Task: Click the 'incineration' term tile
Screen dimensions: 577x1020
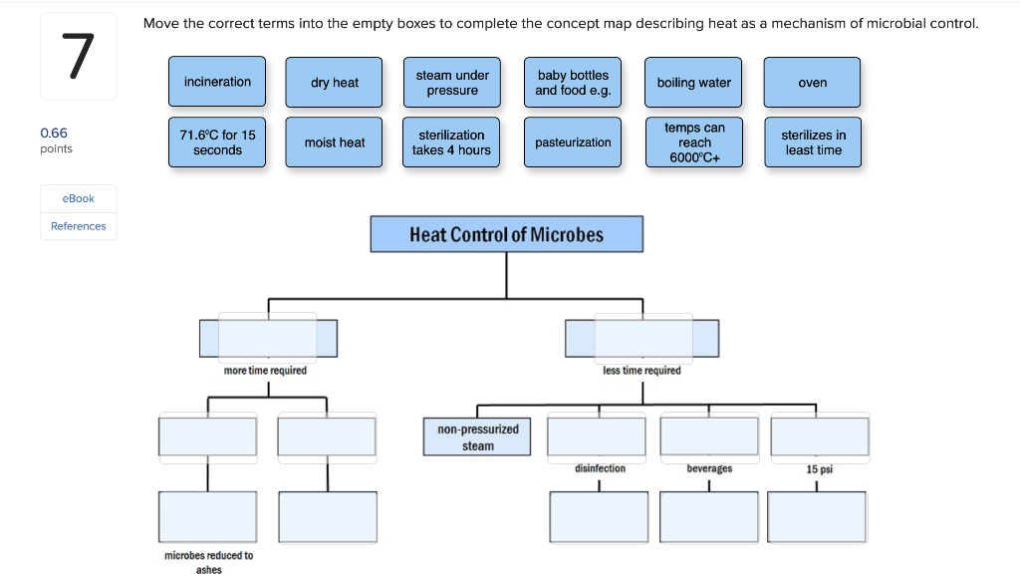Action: (x=217, y=82)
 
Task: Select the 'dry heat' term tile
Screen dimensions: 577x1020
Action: (x=335, y=83)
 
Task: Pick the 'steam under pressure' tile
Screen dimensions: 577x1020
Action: (x=452, y=83)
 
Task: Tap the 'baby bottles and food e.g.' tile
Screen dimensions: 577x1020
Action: (x=573, y=83)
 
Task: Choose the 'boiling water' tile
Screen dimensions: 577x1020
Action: (x=693, y=83)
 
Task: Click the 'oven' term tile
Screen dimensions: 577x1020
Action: (x=812, y=83)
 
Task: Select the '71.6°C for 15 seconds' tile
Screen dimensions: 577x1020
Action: (x=217, y=143)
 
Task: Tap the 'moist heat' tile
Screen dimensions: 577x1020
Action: (x=335, y=143)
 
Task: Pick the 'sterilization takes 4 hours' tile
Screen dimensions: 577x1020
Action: (x=452, y=143)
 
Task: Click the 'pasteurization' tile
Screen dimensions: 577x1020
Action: (x=573, y=143)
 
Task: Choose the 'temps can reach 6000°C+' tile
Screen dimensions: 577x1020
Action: (x=693, y=143)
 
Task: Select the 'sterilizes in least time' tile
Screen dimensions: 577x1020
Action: (x=812, y=143)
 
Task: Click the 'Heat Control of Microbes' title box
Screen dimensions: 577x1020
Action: (x=506, y=234)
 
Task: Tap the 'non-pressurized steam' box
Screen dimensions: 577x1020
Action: (x=477, y=437)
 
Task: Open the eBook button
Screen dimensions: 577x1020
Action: (x=78, y=198)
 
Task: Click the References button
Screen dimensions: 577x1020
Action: (x=78, y=226)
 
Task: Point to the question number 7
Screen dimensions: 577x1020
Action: (x=78, y=57)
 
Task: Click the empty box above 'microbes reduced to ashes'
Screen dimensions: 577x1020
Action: (x=207, y=516)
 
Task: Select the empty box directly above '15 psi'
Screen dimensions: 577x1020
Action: (x=819, y=435)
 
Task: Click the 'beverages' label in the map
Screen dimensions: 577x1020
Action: (x=708, y=468)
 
